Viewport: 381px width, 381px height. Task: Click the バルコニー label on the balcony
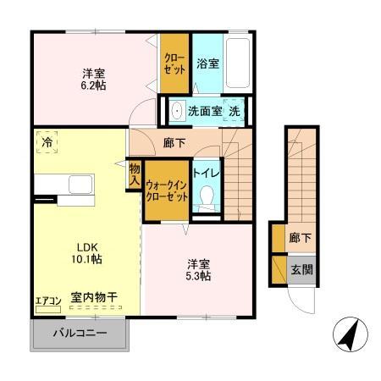[x=81, y=334]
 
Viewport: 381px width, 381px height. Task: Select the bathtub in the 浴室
[x=239, y=63]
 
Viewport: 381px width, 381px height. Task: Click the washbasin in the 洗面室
[x=179, y=111]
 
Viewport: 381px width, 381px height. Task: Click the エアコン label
[x=47, y=300]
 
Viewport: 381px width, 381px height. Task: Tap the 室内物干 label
[x=94, y=298]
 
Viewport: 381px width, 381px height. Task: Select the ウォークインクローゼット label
[x=165, y=190]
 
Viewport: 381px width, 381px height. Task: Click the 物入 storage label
[x=135, y=175]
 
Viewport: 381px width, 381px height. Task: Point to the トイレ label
[x=204, y=173]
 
